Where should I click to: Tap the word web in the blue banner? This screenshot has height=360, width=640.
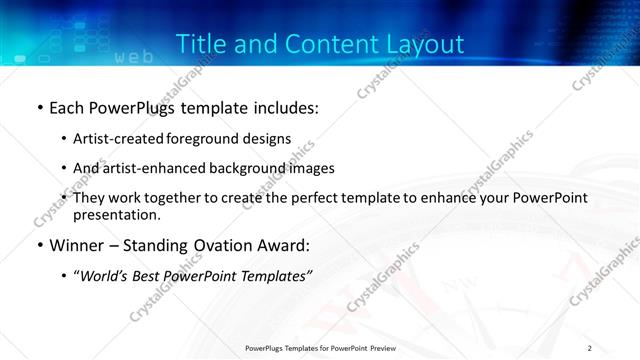coord(134,58)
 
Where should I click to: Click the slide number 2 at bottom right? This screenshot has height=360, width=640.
coord(589,347)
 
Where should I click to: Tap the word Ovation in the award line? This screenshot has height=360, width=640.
coord(223,245)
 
